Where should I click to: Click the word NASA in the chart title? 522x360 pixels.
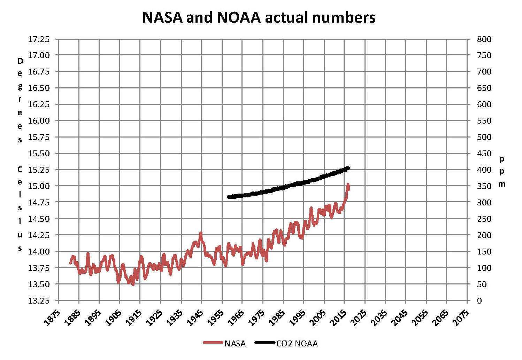(162, 17)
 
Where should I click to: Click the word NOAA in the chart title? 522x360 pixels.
(239, 17)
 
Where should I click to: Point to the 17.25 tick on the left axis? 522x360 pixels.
(39, 39)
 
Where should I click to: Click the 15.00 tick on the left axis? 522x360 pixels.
(39, 186)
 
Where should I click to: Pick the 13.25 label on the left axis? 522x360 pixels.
(39, 300)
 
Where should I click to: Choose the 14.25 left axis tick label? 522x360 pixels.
(39, 235)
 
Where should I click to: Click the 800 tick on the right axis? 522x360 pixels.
(484, 39)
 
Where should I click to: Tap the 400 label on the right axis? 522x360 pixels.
(484, 170)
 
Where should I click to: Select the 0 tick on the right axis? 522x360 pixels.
(479, 300)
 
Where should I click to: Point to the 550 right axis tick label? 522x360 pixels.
(484, 121)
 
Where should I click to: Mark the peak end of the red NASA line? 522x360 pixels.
(348, 184)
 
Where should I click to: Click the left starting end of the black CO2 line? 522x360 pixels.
(229, 197)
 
